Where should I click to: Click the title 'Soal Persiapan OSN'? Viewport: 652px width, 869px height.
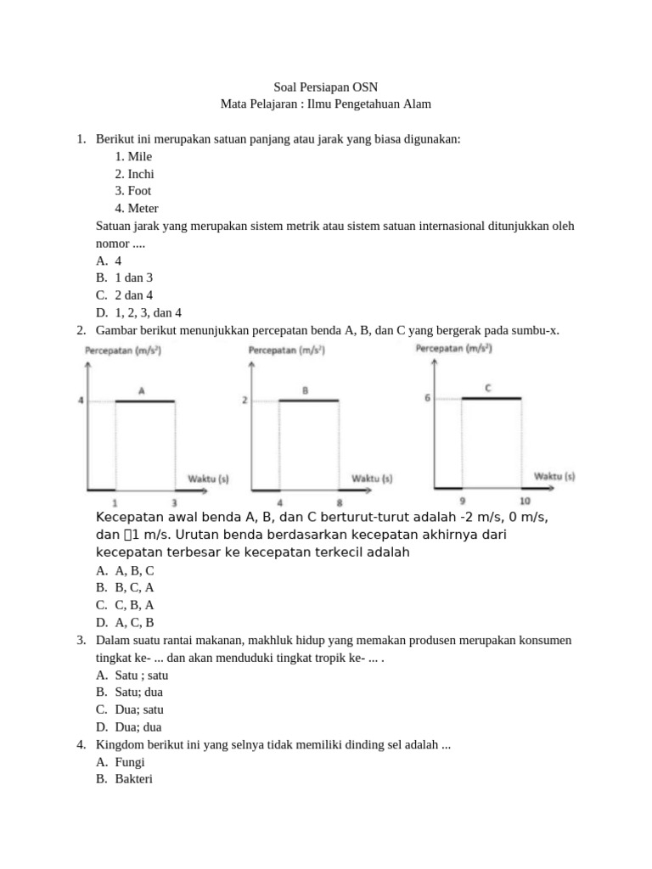326,87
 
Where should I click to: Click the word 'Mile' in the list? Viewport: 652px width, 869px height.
140,156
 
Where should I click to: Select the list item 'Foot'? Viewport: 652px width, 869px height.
139,191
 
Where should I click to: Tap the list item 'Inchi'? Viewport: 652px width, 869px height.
141,173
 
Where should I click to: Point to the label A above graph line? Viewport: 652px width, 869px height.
142,390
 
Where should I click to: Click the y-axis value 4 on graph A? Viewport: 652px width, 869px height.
81,401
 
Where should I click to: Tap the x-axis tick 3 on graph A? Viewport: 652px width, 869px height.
175,502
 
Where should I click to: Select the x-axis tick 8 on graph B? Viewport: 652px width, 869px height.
339,502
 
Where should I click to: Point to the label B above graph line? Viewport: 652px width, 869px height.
305,390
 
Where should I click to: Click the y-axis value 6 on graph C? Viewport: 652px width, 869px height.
427,397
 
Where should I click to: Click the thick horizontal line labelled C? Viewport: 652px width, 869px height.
492,398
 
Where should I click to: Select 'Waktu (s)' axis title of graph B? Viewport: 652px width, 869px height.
372,479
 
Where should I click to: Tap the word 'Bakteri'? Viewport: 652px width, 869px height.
133,779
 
